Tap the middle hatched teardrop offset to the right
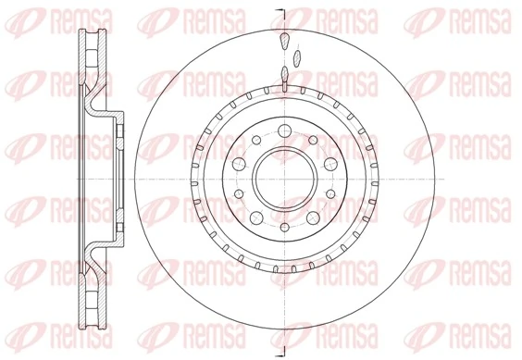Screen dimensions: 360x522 click(x=296, y=57)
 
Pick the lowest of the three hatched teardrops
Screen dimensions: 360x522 click(x=285, y=75)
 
